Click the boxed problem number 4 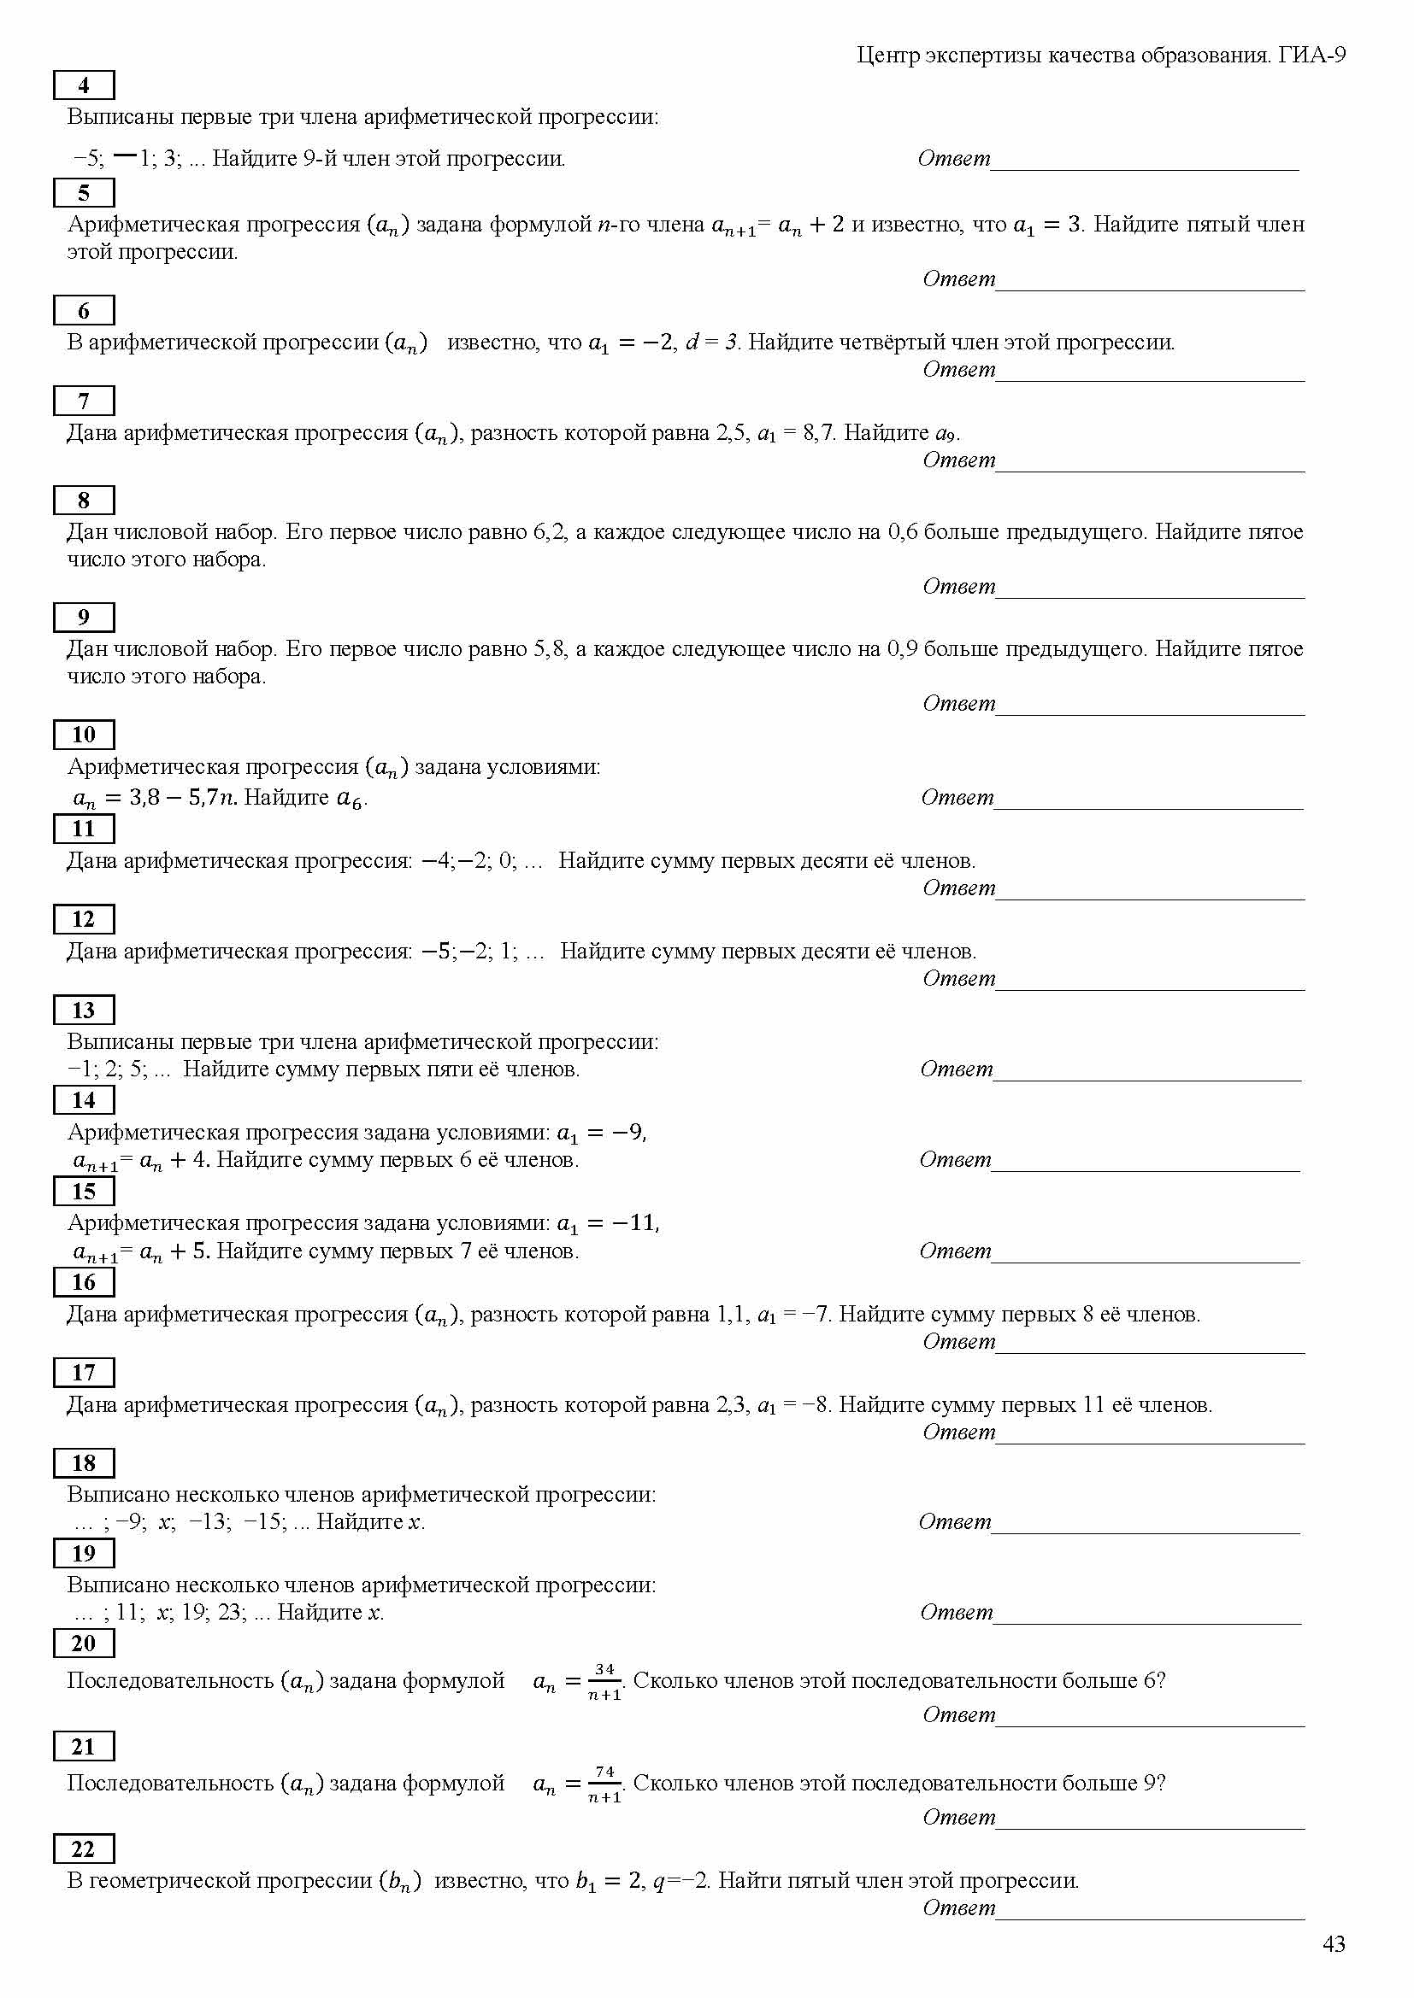coord(84,85)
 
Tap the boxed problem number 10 coord(84,735)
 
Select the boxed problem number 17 coord(84,1373)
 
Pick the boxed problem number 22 coord(84,1849)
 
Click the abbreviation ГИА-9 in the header coord(1312,56)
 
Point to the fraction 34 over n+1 coord(604,1681)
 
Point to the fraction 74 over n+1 coord(604,1784)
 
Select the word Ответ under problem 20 coord(958,1715)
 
